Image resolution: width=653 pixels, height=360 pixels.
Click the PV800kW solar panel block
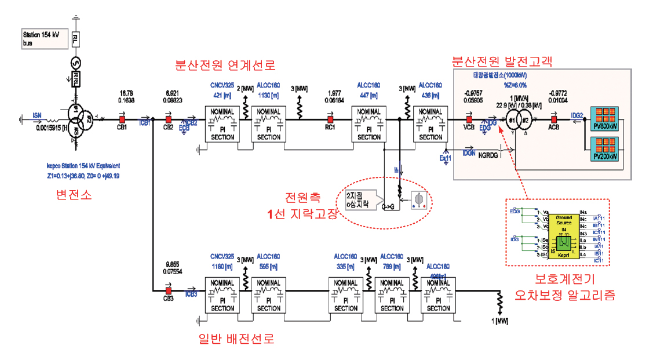click(x=604, y=118)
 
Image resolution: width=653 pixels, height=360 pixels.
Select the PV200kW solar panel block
click(x=604, y=150)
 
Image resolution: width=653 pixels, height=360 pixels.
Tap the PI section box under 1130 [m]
click(x=269, y=123)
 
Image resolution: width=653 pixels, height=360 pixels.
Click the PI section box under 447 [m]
click(x=369, y=123)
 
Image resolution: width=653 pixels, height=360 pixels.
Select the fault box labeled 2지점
click(x=358, y=197)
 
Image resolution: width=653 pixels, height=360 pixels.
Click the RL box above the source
click(x=75, y=40)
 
